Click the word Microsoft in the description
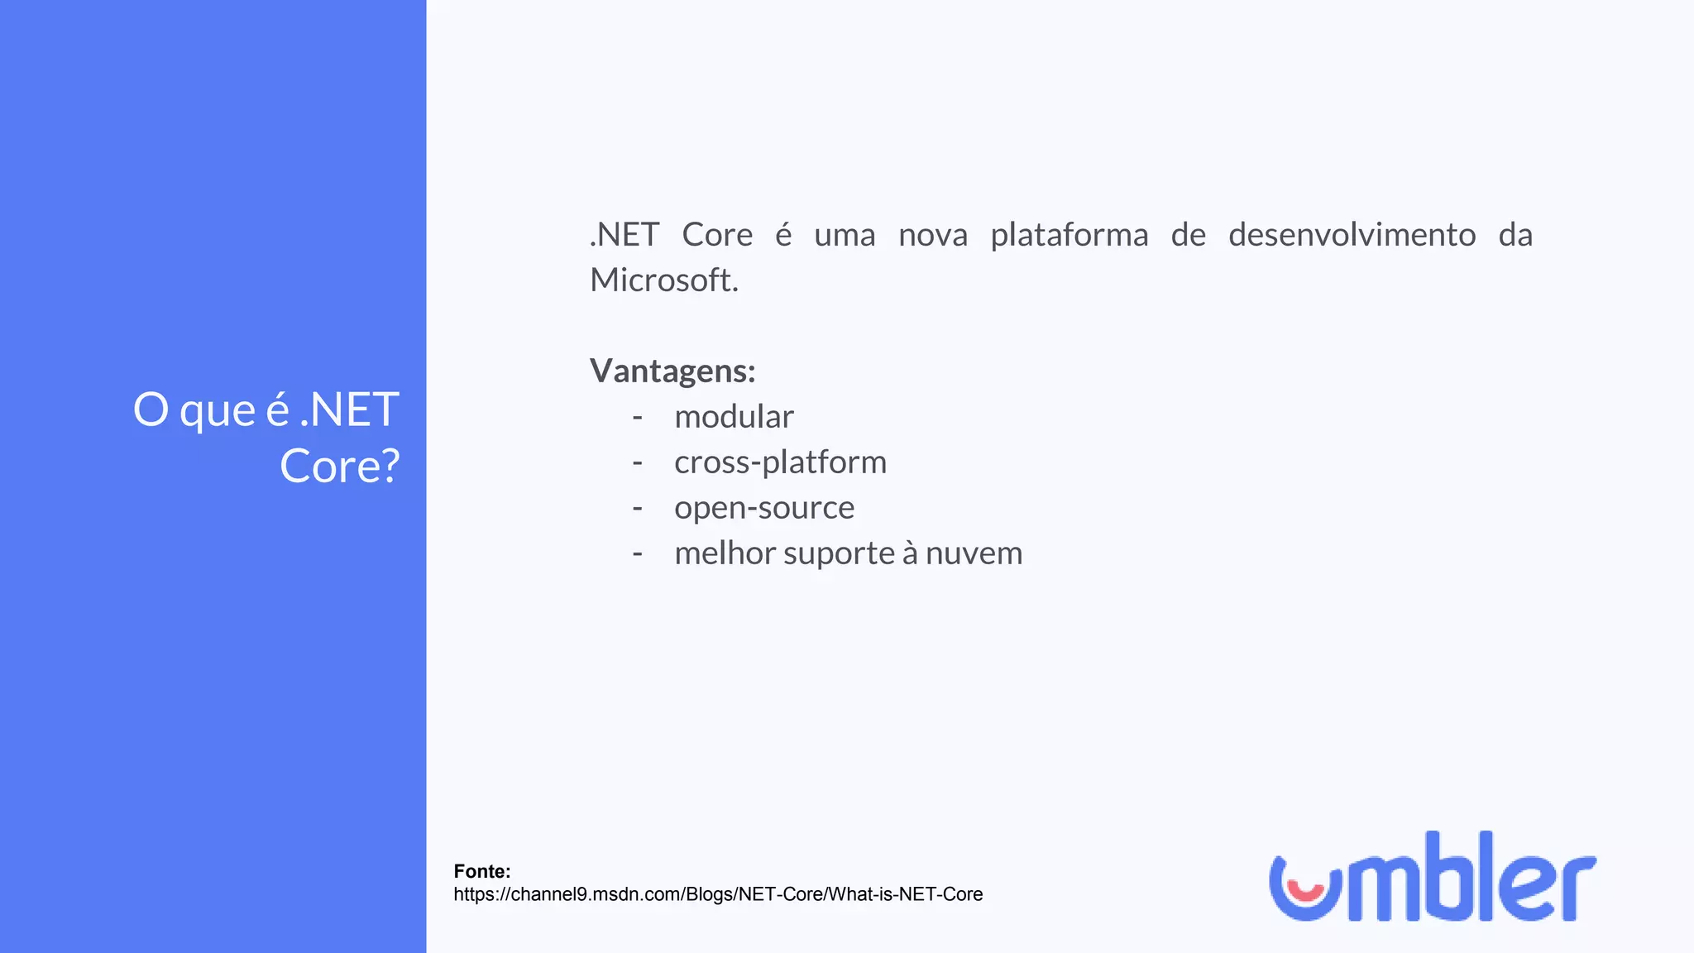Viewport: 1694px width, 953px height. click(x=663, y=280)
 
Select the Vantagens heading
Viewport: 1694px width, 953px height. click(x=672, y=371)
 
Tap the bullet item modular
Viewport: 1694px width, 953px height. click(x=734, y=417)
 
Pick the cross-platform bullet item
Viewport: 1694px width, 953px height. click(x=780, y=462)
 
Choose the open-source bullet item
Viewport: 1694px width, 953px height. click(x=764, y=508)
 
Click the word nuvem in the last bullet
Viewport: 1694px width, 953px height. click(x=974, y=553)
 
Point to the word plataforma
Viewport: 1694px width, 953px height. click(x=1069, y=235)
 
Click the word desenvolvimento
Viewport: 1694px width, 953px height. click(x=1352, y=235)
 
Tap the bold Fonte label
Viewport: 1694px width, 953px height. click(x=482, y=871)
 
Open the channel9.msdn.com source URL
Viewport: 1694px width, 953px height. click(x=718, y=894)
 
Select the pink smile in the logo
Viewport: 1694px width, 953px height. click(x=1306, y=892)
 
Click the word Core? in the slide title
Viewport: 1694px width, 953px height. click(x=340, y=466)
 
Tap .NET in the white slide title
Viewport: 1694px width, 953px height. click(x=350, y=409)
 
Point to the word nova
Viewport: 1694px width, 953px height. click(x=932, y=235)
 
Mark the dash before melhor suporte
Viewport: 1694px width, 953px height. click(x=637, y=553)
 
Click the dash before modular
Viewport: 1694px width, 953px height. click(x=637, y=417)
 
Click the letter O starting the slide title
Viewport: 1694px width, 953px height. click(x=151, y=409)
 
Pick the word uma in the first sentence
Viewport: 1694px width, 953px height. click(x=844, y=235)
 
